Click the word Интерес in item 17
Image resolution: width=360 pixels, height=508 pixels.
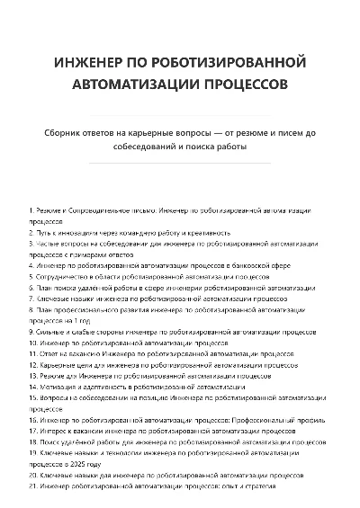click(56, 431)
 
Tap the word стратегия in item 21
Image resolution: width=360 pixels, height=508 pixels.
click(263, 486)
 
